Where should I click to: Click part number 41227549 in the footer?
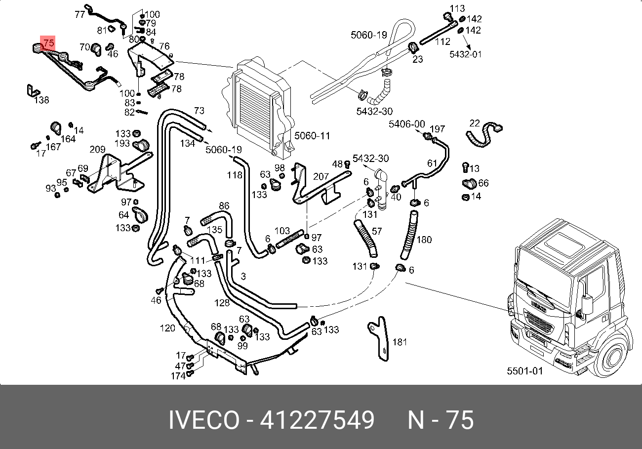317,420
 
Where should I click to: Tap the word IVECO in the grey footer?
204,420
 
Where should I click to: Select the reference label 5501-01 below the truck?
525,371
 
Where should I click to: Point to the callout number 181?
400,342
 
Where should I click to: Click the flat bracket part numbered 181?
380,338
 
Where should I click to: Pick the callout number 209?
97,149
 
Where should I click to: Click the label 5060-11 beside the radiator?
312,136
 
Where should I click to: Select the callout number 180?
424,240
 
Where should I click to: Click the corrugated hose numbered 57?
366,239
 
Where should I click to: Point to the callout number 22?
475,123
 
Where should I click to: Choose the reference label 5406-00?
407,124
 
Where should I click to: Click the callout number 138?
41,100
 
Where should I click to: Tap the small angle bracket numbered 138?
33,90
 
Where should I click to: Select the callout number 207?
321,176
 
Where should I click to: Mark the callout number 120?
167,327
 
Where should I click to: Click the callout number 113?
457,8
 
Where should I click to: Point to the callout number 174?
178,376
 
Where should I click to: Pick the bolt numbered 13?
466,167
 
